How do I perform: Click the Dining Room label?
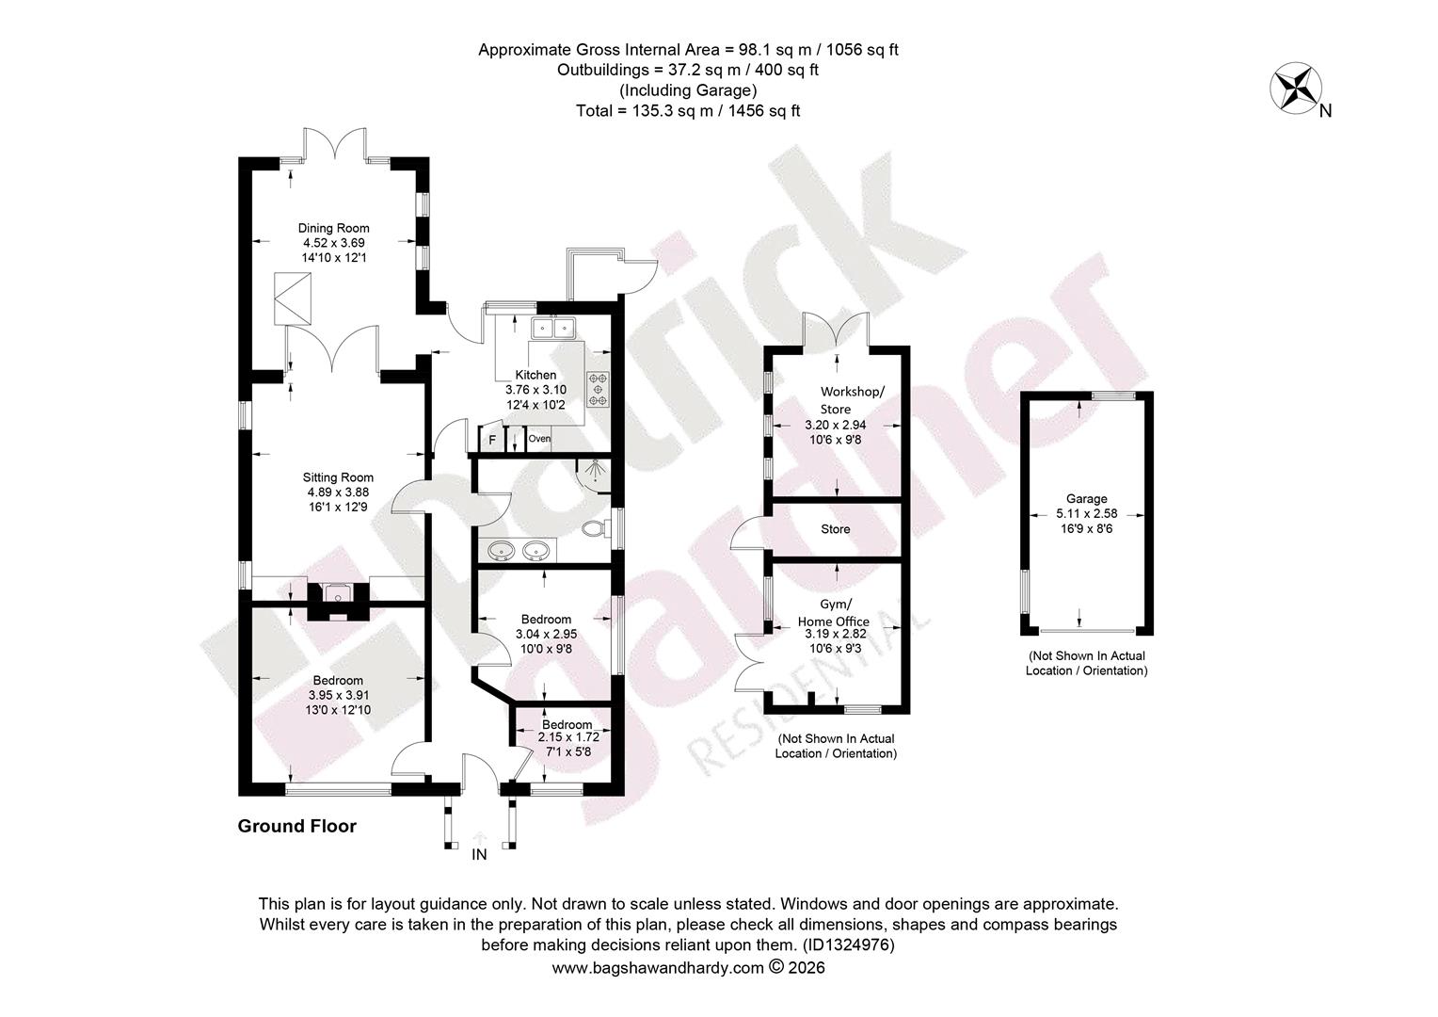(x=333, y=228)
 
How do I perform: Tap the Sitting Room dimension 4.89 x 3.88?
(x=338, y=492)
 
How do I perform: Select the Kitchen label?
(x=536, y=375)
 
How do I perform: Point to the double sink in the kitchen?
(x=553, y=329)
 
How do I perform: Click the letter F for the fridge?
(x=492, y=440)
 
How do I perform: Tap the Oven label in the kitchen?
(x=539, y=439)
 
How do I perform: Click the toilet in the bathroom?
(x=595, y=529)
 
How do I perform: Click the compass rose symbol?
(x=1296, y=88)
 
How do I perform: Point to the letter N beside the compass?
(x=1326, y=111)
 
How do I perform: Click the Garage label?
(x=1087, y=498)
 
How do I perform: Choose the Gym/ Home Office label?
(x=833, y=613)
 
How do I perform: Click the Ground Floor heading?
(x=297, y=826)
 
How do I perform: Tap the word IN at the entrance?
(x=480, y=854)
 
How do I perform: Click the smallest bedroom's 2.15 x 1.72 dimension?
(x=568, y=737)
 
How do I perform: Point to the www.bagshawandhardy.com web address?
(x=658, y=967)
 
